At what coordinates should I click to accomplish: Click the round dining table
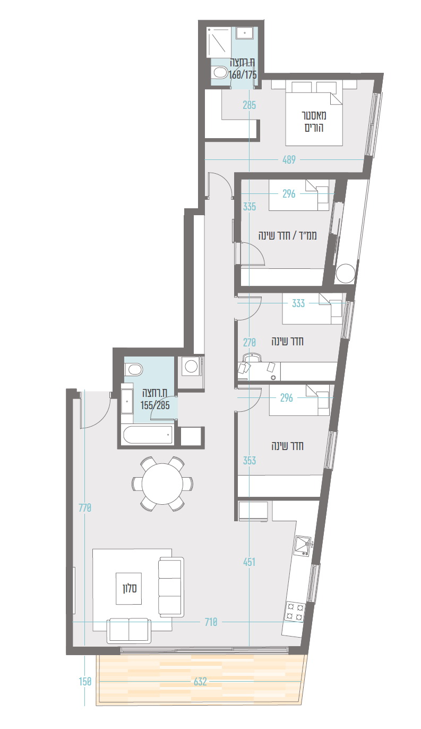click(162, 484)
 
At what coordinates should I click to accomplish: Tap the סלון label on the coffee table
click(130, 588)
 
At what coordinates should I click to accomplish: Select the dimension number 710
click(211, 622)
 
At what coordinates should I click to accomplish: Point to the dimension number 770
click(85, 508)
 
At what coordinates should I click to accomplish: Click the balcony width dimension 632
click(200, 682)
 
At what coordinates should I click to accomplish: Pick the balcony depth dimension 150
click(85, 682)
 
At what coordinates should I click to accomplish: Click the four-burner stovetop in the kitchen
click(295, 611)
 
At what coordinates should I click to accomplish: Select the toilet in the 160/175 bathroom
click(219, 73)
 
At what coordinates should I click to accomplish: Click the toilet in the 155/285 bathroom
click(134, 369)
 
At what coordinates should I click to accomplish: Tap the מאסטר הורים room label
click(314, 121)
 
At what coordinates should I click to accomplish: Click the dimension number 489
click(289, 159)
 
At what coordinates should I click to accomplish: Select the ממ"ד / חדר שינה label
click(287, 235)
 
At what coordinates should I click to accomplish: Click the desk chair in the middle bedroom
click(252, 358)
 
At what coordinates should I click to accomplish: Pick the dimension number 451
click(249, 562)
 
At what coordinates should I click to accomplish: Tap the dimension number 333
click(298, 303)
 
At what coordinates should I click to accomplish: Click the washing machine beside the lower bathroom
click(191, 366)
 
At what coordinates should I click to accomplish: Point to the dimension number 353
click(250, 461)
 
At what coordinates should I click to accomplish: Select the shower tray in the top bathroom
click(219, 43)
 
